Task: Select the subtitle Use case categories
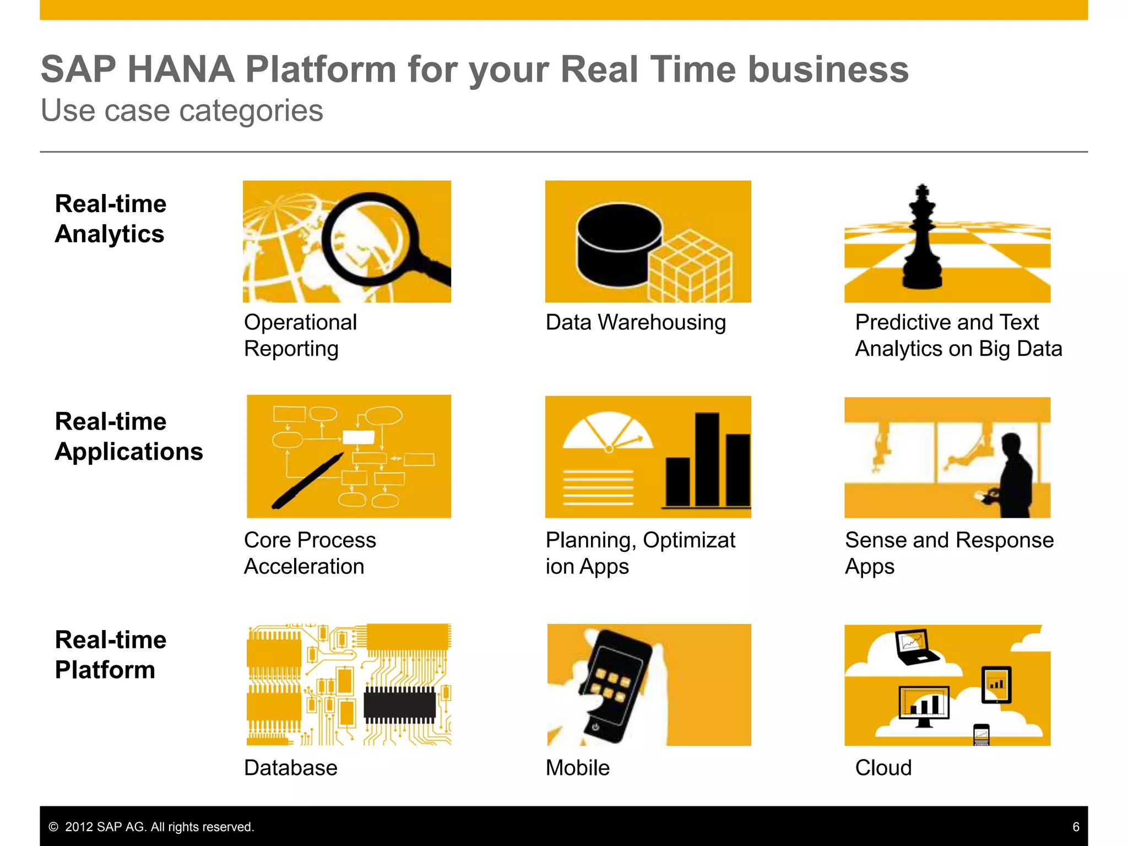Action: point(182,111)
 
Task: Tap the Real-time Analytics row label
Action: point(110,219)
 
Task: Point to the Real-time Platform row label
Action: point(110,655)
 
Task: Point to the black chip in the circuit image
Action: point(400,705)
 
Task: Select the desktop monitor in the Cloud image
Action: point(924,704)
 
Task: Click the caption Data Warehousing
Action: point(636,322)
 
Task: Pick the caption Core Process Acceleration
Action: point(310,553)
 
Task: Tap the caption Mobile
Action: point(577,768)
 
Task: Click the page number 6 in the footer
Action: point(1076,827)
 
